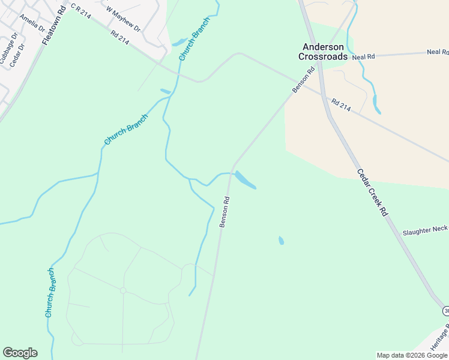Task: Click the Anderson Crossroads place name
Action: pyautogui.click(x=323, y=52)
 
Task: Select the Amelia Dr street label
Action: pyautogui.click(x=32, y=22)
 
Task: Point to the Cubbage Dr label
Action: pyautogui.click(x=10, y=53)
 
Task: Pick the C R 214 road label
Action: pyautogui.click(x=80, y=11)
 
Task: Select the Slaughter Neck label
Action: pyautogui.click(x=425, y=230)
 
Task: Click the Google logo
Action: pyautogui.click(x=20, y=353)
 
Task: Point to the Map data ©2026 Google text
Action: pyautogui.click(x=412, y=355)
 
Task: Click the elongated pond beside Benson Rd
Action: pyautogui.click(x=245, y=180)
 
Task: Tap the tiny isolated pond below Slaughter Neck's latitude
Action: pyautogui.click(x=281, y=241)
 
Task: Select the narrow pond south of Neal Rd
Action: pyautogui.click(x=376, y=104)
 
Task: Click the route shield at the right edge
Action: pyautogui.click(x=446, y=310)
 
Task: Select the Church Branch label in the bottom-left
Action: pyautogui.click(x=51, y=293)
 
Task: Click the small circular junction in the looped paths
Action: pyautogui.click(x=122, y=290)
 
